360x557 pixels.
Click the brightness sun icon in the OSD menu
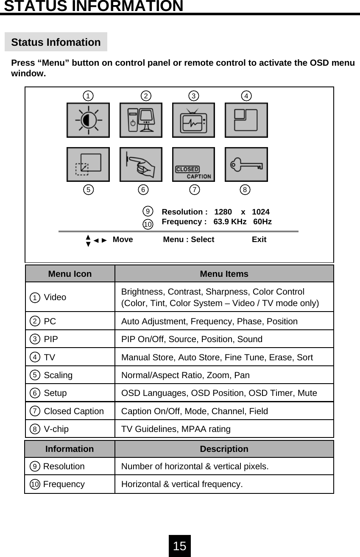pyautogui.click(x=88, y=120)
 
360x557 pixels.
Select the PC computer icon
pyautogui.click(x=141, y=120)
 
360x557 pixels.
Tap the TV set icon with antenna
pyautogui.click(x=193, y=120)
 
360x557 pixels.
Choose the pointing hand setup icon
pyautogui.click(x=141, y=164)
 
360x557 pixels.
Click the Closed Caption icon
pyautogui.click(x=193, y=164)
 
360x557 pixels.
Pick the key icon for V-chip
pyautogui.click(x=246, y=164)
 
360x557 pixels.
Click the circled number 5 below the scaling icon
pyautogui.click(x=88, y=189)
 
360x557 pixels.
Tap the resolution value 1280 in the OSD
pyautogui.click(x=223, y=212)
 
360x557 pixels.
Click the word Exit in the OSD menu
pyautogui.click(x=259, y=240)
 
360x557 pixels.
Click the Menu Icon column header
pyautogui.click(x=70, y=274)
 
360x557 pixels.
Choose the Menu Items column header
pyautogui.click(x=224, y=274)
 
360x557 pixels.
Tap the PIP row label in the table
pyautogui.click(x=51, y=339)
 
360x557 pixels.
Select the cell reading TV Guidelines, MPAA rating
pyautogui.click(x=176, y=429)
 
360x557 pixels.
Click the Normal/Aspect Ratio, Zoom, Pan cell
pyautogui.click(x=185, y=375)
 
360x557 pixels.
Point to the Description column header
pyautogui.click(x=224, y=449)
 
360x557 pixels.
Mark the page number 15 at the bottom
pyautogui.click(x=180, y=546)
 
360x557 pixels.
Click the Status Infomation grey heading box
pyautogui.click(x=56, y=42)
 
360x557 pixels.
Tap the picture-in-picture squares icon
pyautogui.click(x=246, y=120)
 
